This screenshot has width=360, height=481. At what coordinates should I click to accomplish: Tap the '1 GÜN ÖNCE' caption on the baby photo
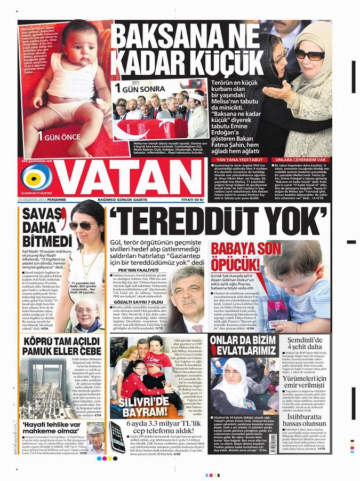(x=57, y=136)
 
